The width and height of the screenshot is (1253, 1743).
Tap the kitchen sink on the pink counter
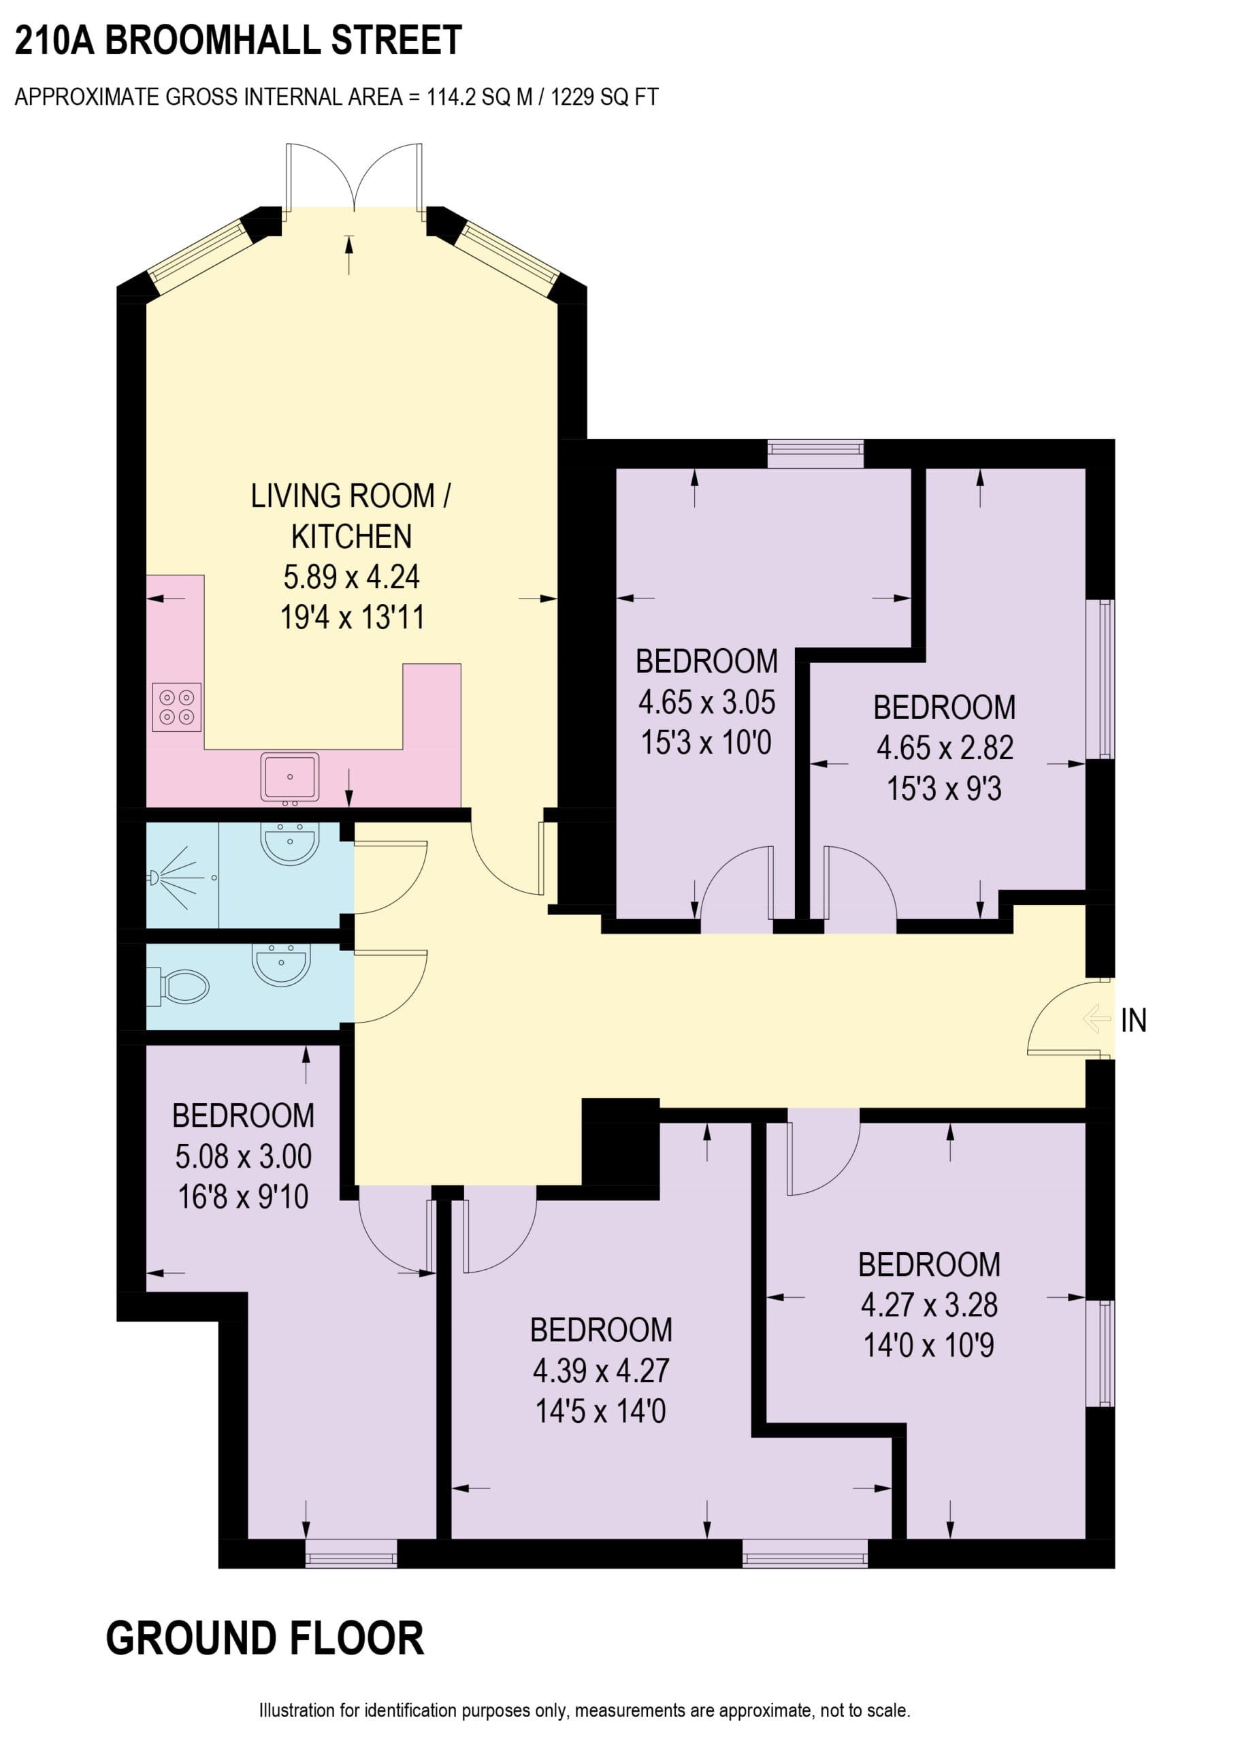click(x=290, y=776)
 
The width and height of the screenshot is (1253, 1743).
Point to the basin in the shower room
click(x=290, y=844)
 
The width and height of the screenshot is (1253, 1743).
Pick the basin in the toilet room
click(x=281, y=965)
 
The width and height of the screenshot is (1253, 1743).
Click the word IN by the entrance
click(x=1133, y=1021)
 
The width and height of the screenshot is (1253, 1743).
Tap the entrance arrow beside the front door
click(x=1096, y=1020)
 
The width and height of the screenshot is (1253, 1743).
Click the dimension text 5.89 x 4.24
click(x=351, y=577)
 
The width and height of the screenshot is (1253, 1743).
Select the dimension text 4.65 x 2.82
click(x=945, y=748)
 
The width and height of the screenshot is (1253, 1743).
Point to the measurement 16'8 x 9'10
click(x=243, y=1196)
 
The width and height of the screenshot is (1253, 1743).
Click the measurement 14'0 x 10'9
click(x=929, y=1345)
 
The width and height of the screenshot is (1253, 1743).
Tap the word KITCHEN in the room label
click(x=351, y=537)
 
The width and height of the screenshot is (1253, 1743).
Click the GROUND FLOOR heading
click(x=264, y=1638)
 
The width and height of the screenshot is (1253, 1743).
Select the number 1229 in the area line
click(x=572, y=97)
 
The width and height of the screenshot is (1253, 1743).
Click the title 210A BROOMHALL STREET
click(x=238, y=40)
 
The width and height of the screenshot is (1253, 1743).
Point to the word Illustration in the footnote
click(x=297, y=1710)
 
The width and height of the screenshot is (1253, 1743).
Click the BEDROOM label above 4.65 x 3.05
click(x=706, y=661)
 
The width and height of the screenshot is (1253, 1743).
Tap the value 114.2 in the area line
click(x=452, y=97)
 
